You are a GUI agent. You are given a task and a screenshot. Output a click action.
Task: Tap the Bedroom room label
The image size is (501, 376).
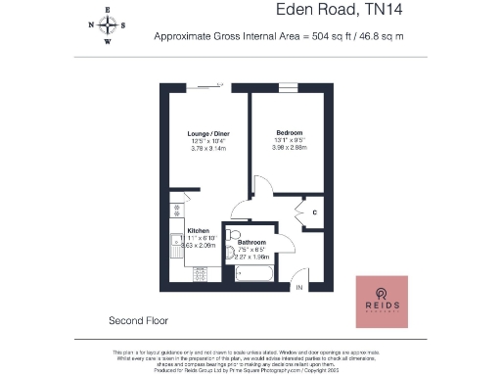pyautogui.click(x=289, y=132)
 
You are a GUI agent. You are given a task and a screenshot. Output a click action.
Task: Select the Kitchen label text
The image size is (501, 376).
pyautogui.click(x=199, y=232)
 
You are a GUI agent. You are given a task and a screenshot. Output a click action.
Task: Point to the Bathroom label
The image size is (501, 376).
pyautogui.click(x=252, y=242)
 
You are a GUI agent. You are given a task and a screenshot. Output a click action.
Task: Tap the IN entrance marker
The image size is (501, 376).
pyautogui.click(x=299, y=288)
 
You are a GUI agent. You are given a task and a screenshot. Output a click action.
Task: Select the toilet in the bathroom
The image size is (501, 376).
pyautogui.click(x=232, y=235)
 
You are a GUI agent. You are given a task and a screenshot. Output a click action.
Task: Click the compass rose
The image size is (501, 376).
pyautogui.click(x=108, y=25)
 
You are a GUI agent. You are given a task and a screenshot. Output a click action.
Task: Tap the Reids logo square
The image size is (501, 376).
pyautogui.click(x=384, y=302)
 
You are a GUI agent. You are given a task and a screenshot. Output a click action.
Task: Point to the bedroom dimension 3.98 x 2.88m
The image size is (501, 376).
pyautogui.click(x=289, y=150)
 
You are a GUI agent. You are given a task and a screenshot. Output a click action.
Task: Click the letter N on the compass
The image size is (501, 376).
pyautogui.click(x=91, y=25)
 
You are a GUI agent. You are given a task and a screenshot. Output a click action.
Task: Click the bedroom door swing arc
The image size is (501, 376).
pyautogui.click(x=261, y=186)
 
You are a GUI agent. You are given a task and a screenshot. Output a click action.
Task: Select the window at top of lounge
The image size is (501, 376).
pyautogui.click(x=203, y=86)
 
